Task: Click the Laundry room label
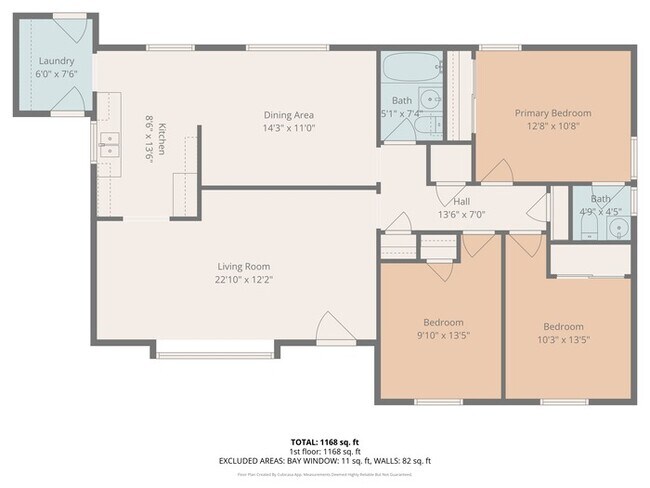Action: [56, 60]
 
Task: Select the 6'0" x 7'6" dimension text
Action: [56, 74]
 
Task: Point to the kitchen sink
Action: [109, 152]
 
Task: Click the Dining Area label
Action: [289, 114]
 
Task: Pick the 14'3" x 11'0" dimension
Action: [289, 128]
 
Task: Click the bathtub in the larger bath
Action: [409, 69]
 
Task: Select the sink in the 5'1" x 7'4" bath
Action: [430, 100]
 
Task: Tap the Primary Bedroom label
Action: [553, 113]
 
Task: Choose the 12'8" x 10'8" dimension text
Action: [553, 127]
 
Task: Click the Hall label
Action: [462, 201]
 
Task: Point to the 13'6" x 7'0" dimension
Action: [462, 214]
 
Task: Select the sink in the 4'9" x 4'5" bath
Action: [617, 230]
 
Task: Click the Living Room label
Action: [244, 266]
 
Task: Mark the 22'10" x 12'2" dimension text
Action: [244, 280]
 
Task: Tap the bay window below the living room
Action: [214, 351]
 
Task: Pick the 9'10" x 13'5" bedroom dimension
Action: [442, 336]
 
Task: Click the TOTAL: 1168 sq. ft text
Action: [324, 441]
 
